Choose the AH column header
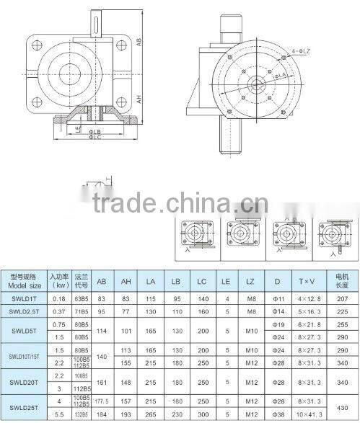click(127, 280)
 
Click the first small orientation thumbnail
click(195, 236)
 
